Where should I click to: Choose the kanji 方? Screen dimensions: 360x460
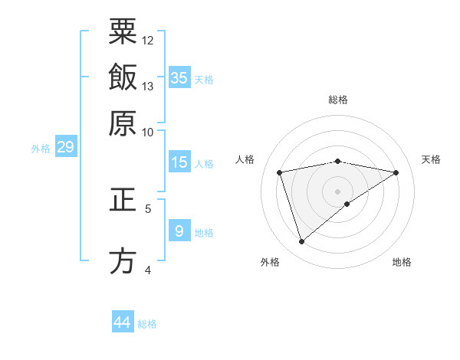123,260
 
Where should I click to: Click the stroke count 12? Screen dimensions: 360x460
148,40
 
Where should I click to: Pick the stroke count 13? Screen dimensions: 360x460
148,86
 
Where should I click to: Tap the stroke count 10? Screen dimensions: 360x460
148,132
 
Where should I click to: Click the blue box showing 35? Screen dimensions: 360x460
179,77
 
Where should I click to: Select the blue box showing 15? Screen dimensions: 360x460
179,162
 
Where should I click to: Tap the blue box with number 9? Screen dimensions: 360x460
179,231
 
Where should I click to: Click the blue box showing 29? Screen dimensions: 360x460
65,147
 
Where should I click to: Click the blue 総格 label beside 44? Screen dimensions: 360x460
147,324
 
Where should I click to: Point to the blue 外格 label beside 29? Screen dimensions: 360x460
41,149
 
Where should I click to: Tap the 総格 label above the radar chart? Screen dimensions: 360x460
337,100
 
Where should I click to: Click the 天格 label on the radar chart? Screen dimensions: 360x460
431,159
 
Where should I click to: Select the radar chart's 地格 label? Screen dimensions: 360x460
402,263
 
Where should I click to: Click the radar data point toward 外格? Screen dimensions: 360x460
301,242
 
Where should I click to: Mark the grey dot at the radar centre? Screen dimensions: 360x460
337,191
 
